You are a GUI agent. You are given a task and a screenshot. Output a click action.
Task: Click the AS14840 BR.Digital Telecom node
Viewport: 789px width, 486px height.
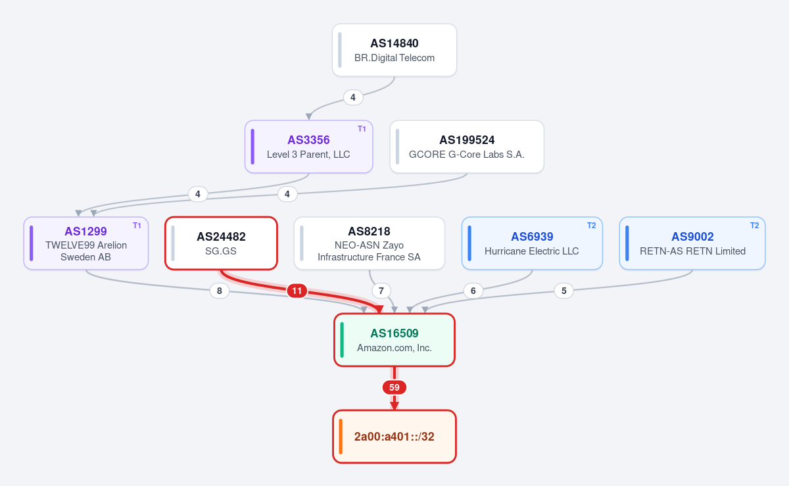[394, 50]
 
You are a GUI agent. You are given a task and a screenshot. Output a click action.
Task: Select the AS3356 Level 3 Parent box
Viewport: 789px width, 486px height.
[309, 147]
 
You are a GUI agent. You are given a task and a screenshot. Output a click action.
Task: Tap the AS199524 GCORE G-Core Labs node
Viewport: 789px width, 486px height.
[467, 147]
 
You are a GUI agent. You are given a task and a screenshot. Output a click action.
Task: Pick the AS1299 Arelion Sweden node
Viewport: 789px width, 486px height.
[86, 243]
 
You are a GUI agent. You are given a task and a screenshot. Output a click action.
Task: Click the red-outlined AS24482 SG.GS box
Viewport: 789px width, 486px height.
[221, 243]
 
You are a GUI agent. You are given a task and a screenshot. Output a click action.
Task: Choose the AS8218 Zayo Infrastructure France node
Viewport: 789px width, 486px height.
[369, 243]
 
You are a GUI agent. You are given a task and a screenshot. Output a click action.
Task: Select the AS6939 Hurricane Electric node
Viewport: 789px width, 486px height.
[532, 243]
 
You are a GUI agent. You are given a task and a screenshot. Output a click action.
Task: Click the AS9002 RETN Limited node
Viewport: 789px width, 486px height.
[692, 243]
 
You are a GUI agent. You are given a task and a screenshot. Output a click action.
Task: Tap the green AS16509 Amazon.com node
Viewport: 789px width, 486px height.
[394, 340]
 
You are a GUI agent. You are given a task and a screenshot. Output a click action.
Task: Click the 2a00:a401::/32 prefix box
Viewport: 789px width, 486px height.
[394, 436]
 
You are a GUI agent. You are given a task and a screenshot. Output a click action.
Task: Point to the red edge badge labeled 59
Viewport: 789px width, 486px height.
[394, 387]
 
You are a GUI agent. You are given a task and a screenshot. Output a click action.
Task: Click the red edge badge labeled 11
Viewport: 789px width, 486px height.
[297, 291]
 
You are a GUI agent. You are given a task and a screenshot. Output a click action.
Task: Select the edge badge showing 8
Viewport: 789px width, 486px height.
[220, 291]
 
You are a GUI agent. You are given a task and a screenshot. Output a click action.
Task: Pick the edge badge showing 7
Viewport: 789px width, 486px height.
[381, 291]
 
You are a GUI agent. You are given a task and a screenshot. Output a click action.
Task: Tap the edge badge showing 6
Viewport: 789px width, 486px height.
[473, 291]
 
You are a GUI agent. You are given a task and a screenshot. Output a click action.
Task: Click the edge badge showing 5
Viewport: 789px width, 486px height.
[563, 291]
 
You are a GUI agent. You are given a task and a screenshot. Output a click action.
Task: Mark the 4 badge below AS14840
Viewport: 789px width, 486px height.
[353, 97]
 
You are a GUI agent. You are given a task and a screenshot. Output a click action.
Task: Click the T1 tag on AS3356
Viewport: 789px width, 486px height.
[362, 129]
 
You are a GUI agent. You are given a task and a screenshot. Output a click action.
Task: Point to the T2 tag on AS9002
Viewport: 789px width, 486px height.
[754, 226]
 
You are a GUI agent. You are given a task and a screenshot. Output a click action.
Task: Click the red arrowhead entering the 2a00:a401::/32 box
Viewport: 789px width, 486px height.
[394, 406]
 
